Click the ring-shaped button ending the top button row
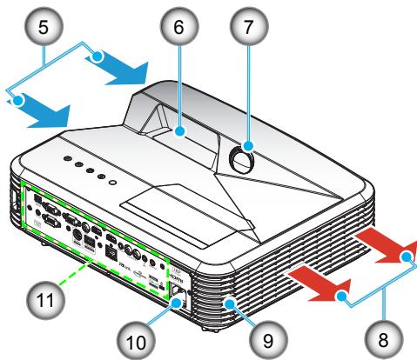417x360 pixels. pos(111,181)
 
